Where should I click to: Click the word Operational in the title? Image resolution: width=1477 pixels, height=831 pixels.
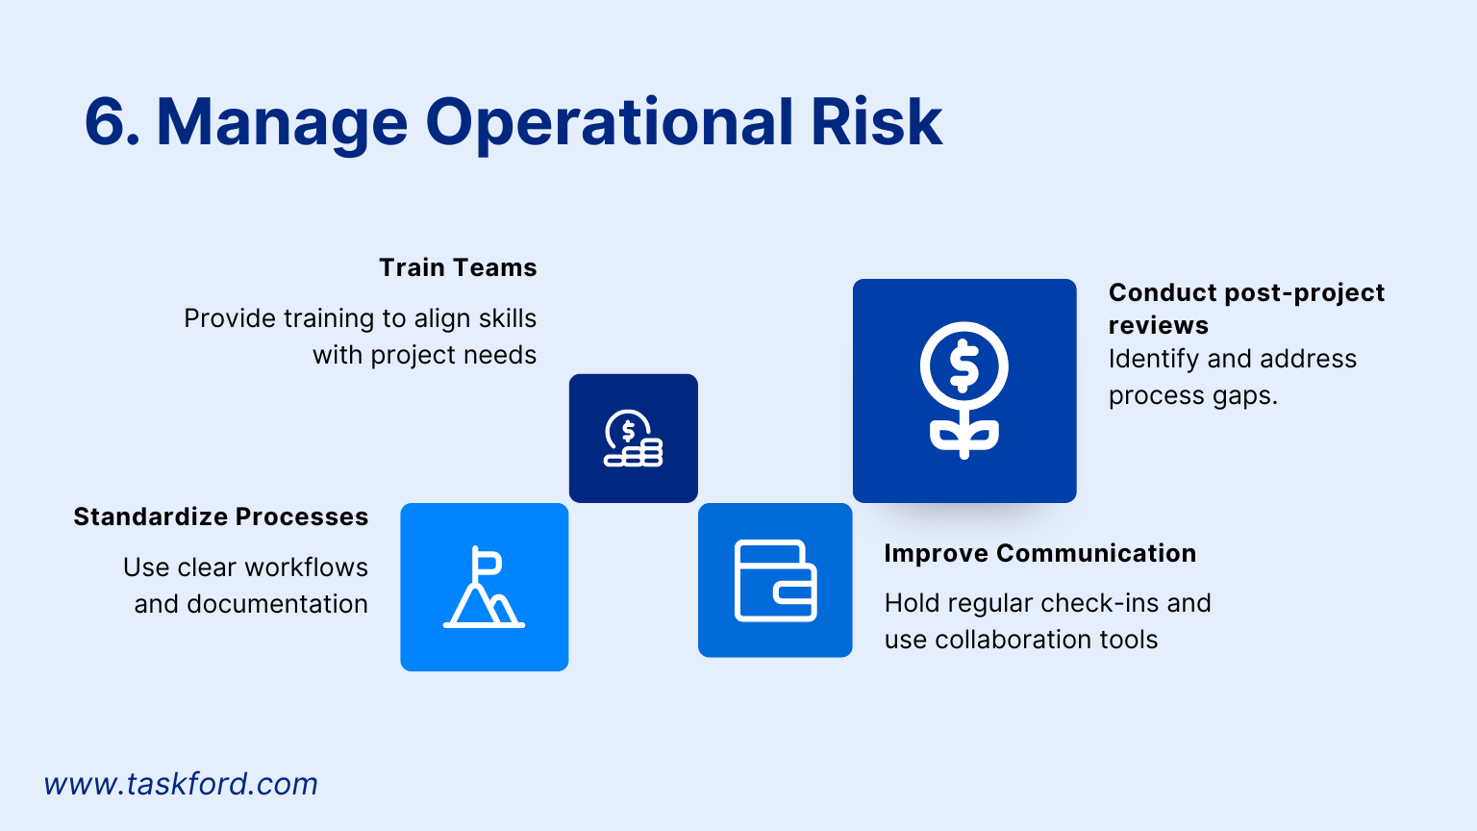click(610, 122)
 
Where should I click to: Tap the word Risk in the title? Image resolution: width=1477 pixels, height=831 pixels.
click(876, 122)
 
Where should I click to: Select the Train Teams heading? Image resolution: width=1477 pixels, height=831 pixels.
click(458, 267)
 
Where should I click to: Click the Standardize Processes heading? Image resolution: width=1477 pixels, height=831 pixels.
click(221, 516)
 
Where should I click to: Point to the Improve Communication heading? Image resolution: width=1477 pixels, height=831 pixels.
click(1039, 553)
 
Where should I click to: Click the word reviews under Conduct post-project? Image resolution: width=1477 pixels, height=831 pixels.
click(1158, 325)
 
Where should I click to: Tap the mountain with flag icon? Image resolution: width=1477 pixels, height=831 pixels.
click(484, 588)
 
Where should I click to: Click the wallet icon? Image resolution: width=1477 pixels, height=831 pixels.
click(775, 580)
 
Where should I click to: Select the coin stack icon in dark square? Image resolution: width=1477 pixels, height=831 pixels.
click(634, 439)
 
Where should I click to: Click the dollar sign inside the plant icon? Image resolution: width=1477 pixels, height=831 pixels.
click(964, 366)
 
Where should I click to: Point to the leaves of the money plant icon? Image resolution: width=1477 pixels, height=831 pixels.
click(964, 436)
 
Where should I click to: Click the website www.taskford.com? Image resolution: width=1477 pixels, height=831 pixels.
click(181, 784)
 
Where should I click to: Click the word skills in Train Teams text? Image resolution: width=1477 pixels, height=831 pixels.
click(508, 318)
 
